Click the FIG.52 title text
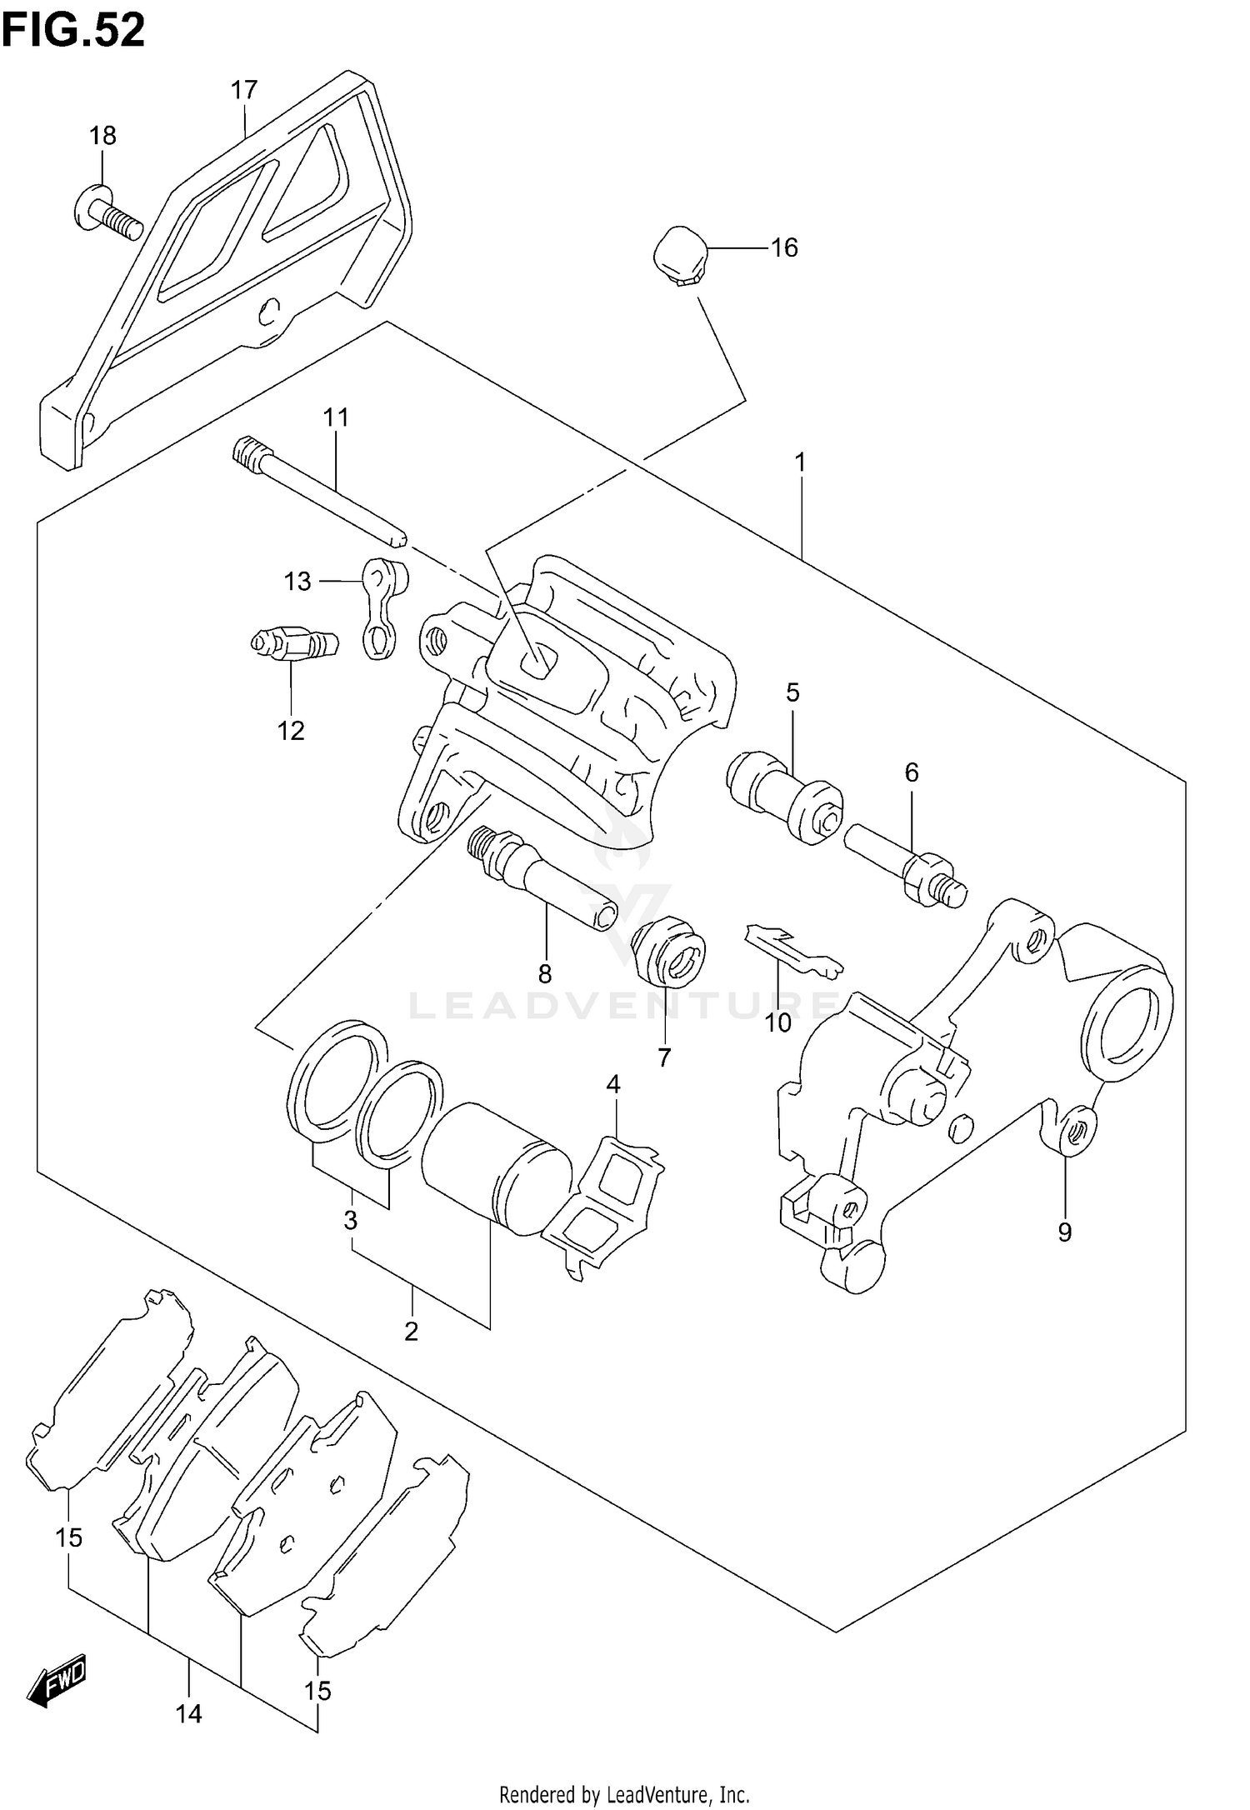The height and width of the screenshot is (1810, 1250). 73,30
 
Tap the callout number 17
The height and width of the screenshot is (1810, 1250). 244,90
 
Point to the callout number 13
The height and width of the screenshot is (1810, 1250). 297,581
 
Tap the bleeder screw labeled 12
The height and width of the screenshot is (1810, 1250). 294,643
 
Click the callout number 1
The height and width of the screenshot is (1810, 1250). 800,462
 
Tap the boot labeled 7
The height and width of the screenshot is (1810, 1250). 669,952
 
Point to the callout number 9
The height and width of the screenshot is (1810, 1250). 1064,1232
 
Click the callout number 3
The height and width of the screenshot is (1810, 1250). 351,1221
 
